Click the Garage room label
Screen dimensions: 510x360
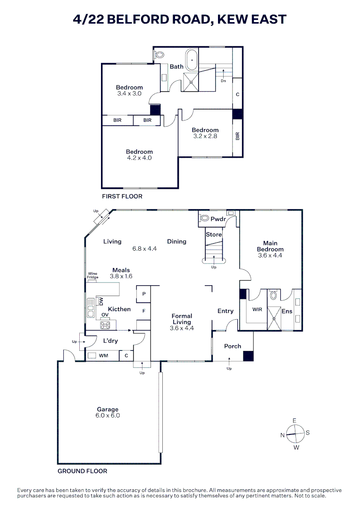(x=108, y=409)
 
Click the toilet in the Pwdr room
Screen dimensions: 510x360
(x=205, y=218)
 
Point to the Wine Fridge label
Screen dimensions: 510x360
(x=92, y=275)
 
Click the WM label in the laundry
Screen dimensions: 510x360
(x=103, y=356)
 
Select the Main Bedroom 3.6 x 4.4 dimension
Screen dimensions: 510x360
(x=270, y=255)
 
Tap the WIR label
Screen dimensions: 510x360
(x=257, y=310)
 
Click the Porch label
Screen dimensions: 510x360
(x=233, y=346)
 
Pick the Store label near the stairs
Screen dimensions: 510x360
(x=213, y=234)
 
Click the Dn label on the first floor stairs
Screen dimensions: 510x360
(x=224, y=81)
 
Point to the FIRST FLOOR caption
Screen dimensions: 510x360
(x=122, y=196)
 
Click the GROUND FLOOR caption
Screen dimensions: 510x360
(x=82, y=471)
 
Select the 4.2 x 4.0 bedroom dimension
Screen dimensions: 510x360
(x=139, y=158)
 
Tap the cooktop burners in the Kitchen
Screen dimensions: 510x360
(x=105, y=325)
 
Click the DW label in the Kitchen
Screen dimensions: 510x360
(x=100, y=301)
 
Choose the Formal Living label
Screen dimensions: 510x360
(x=182, y=319)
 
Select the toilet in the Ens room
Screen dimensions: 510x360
(x=274, y=296)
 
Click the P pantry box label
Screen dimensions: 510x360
(x=143, y=294)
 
